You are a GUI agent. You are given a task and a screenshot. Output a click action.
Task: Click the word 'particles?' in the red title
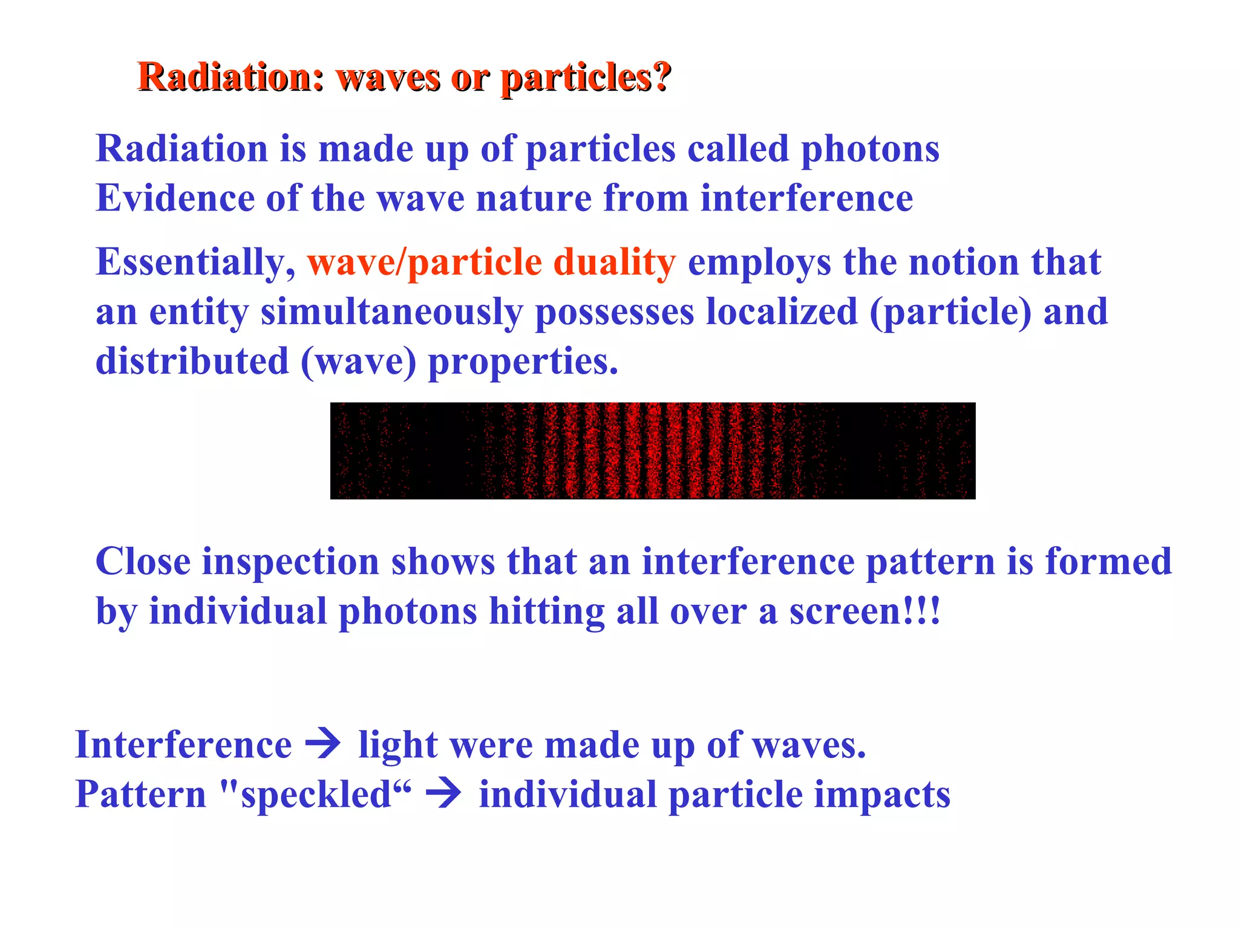pyautogui.click(x=586, y=79)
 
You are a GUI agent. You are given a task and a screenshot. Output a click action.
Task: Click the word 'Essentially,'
pyautogui.click(x=195, y=263)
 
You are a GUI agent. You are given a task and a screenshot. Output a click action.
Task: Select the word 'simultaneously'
pyautogui.click(x=391, y=313)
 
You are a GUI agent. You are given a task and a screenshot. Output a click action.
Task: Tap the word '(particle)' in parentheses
pyautogui.click(x=950, y=313)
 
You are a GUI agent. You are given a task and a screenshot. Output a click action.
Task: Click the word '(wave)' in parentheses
pyautogui.click(x=358, y=362)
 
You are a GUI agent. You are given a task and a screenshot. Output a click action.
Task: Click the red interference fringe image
pyautogui.click(x=652, y=451)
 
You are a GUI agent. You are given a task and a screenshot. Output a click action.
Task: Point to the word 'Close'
pyautogui.click(x=143, y=562)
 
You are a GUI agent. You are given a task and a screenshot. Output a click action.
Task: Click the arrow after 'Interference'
pyautogui.click(x=323, y=744)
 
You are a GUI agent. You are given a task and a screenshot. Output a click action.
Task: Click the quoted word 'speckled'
pyautogui.click(x=316, y=795)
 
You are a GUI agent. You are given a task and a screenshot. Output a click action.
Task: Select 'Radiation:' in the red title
pyautogui.click(x=231, y=79)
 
